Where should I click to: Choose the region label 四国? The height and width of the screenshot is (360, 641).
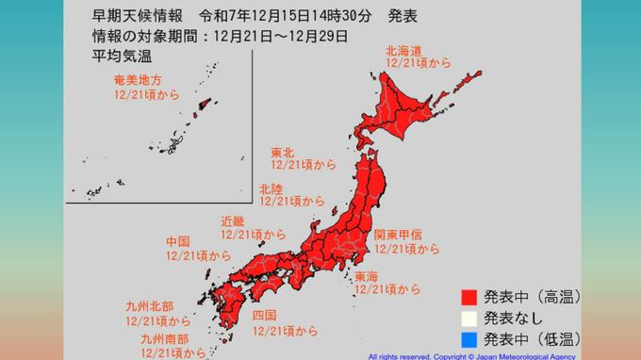click(x=264, y=314)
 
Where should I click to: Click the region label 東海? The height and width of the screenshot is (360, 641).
click(x=367, y=276)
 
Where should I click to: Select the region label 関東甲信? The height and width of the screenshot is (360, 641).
click(x=399, y=235)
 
